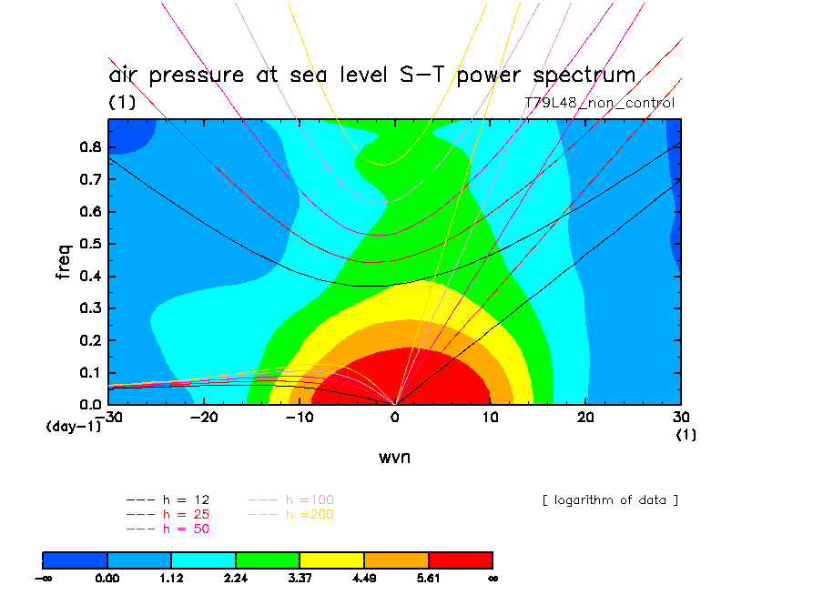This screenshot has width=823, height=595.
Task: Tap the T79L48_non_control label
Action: coord(600,103)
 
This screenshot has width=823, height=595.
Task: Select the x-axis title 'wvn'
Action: coord(394,458)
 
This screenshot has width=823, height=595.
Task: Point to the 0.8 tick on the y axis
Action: coord(90,147)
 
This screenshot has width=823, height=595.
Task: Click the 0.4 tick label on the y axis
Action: coord(90,276)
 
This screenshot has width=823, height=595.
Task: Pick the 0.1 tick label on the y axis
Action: coord(90,372)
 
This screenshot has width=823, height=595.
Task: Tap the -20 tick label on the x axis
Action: coord(205,418)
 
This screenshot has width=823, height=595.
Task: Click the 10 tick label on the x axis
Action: coord(490,418)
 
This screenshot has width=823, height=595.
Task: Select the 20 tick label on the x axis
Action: coord(585,418)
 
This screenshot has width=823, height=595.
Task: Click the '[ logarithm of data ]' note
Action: coord(610,499)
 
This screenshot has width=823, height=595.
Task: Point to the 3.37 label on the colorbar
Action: coord(300,577)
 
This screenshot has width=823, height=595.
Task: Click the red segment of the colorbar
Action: coord(460,560)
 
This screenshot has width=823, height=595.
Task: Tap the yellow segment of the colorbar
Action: coord(331,560)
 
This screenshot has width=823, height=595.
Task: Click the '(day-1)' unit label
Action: coord(73,425)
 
